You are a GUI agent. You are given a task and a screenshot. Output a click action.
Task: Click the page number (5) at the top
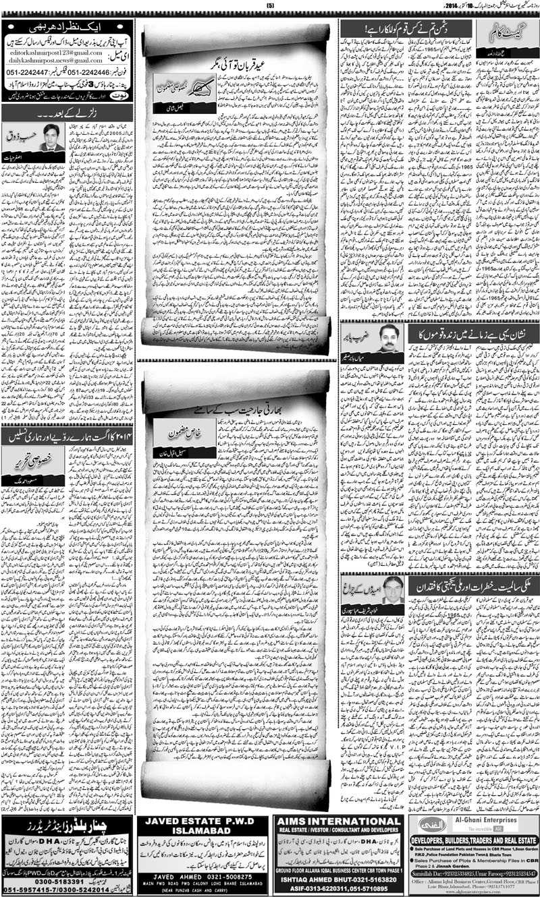coord(270,6)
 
